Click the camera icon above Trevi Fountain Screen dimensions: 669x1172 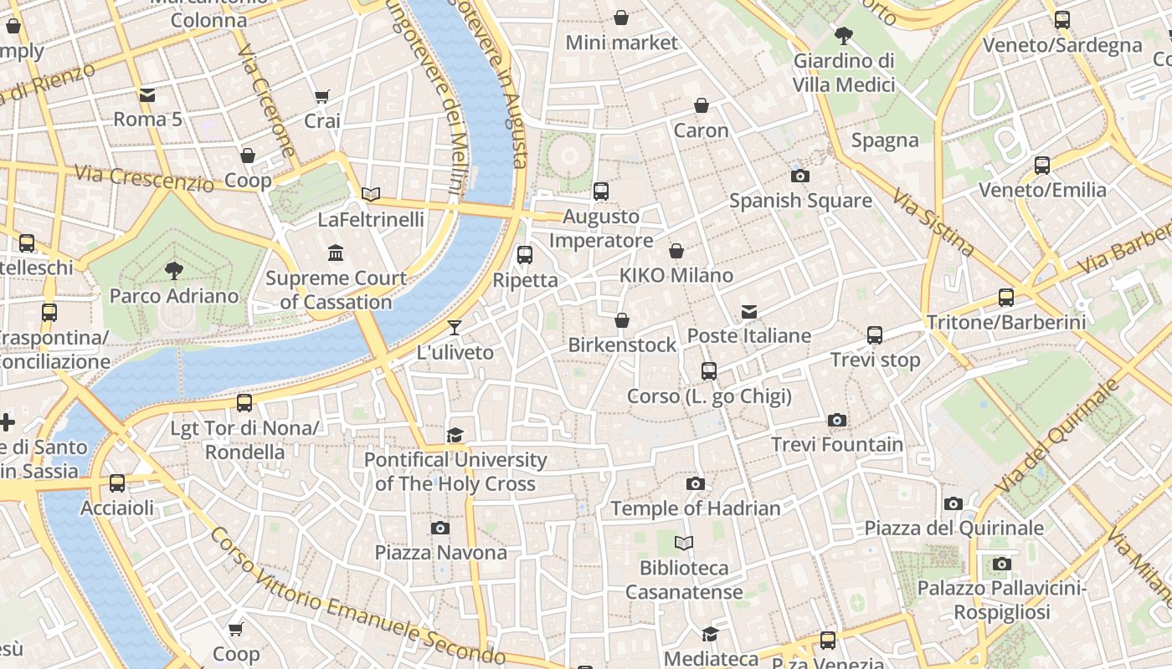click(x=836, y=420)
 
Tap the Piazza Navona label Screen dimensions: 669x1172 click(x=440, y=553)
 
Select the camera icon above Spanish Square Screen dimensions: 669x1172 click(x=799, y=176)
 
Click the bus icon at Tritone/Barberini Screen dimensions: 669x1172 click(x=1005, y=297)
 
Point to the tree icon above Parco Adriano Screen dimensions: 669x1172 click(x=174, y=270)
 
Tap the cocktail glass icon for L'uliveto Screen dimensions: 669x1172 click(x=455, y=327)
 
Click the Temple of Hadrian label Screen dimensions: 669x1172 click(x=695, y=508)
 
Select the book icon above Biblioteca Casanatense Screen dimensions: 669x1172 click(x=684, y=544)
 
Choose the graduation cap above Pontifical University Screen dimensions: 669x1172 click(x=455, y=435)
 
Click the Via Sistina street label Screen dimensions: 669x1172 click(x=933, y=222)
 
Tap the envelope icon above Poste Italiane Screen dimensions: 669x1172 click(x=749, y=312)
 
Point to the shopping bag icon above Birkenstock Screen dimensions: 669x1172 click(x=622, y=320)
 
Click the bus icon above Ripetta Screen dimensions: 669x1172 click(x=525, y=255)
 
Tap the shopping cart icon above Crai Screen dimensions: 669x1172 click(x=321, y=97)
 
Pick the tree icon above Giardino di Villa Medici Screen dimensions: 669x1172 click(x=844, y=35)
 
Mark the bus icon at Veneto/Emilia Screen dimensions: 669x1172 click(x=1042, y=166)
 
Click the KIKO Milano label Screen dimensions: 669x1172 click(x=676, y=275)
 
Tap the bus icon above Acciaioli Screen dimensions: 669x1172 click(x=117, y=483)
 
